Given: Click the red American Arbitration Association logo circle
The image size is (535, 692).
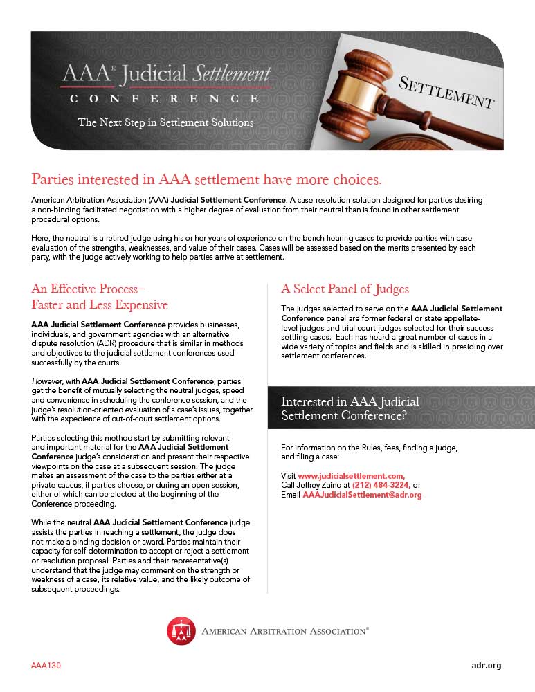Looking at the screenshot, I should pos(181,630).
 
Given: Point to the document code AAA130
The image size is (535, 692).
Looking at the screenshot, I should pos(46,666).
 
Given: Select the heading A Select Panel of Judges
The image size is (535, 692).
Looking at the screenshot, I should pos(345,289).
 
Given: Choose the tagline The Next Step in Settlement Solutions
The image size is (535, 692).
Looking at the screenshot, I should pos(165,122).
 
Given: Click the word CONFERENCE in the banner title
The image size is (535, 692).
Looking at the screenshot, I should pos(165,100).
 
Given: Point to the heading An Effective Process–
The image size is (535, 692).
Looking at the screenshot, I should pos(88,289).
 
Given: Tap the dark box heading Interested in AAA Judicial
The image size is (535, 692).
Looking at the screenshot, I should pos(350,401).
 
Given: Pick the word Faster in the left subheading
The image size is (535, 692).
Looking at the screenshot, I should pos(52,305).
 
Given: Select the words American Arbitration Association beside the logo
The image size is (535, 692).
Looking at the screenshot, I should pos(284,630).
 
